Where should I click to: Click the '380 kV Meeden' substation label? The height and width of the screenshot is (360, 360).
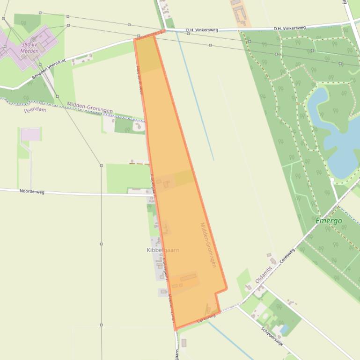(29, 48)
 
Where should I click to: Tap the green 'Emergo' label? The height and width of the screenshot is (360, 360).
(329, 221)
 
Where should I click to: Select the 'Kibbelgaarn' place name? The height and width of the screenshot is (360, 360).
(163, 250)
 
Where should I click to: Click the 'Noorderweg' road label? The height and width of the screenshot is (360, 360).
(32, 191)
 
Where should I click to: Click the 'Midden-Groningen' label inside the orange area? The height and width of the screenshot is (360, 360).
(208, 245)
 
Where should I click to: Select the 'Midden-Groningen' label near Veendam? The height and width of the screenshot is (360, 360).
(89, 107)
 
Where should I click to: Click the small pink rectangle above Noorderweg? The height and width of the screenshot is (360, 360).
(30, 135)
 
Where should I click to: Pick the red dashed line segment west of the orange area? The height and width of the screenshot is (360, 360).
(139, 163)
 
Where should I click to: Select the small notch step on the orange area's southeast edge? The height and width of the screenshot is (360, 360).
(217, 293)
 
